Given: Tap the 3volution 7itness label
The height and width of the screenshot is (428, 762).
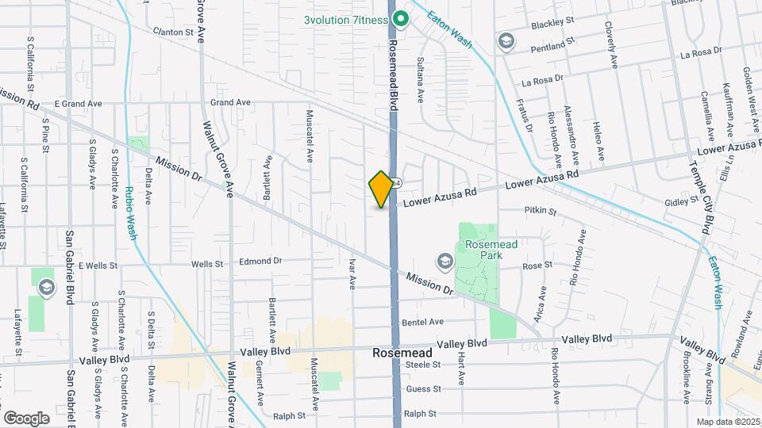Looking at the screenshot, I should point(345,20).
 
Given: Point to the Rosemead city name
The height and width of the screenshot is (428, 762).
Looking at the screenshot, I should point(403,352).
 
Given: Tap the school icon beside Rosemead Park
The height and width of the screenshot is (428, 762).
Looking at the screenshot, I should point(444,260).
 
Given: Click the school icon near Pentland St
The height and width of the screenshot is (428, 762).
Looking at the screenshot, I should point(506,40).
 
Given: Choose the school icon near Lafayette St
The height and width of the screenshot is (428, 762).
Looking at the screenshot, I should point(46,287).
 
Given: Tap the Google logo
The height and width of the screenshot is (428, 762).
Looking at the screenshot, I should point(26,418).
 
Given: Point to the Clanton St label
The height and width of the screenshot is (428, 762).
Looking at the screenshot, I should point(174,32).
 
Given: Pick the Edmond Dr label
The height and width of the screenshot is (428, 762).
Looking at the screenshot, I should point(261,261).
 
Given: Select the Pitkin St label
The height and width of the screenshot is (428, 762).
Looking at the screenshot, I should point(541,211).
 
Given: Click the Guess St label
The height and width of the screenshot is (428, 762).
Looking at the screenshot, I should point(422,389).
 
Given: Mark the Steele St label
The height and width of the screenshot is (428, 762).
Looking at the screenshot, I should point(422,365).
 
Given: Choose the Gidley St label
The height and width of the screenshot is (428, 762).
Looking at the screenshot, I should point(681,202).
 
